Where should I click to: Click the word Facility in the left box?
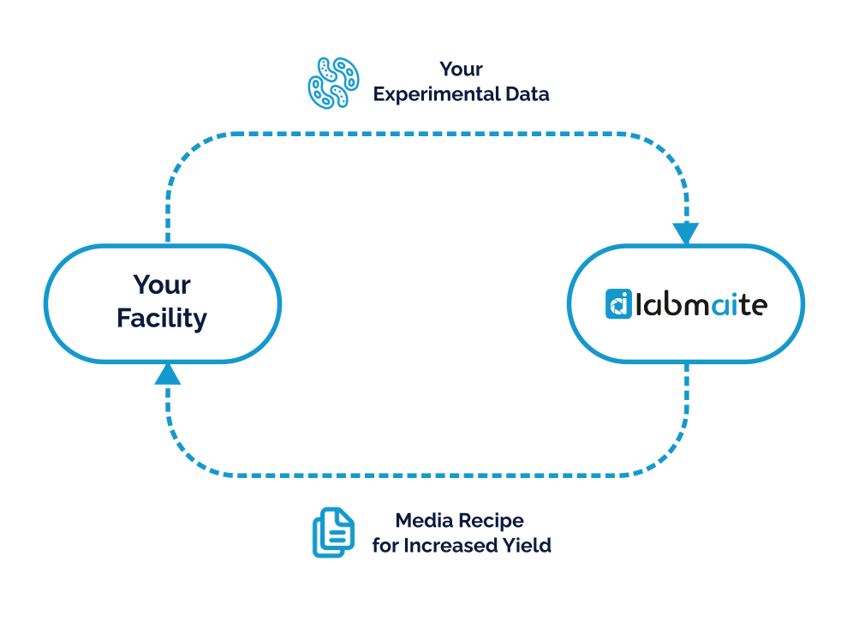pyautogui.click(x=162, y=319)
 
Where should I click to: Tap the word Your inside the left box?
pyautogui.click(x=162, y=284)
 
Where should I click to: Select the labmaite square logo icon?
pyautogui.click(x=618, y=303)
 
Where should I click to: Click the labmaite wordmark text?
pyautogui.click(x=701, y=304)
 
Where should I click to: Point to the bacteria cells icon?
pyautogui.click(x=333, y=83)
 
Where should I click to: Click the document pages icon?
pyautogui.click(x=333, y=532)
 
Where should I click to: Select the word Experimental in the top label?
pyautogui.click(x=437, y=94)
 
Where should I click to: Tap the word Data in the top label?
pyautogui.click(x=528, y=94)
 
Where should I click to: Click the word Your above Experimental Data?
pyautogui.click(x=462, y=69)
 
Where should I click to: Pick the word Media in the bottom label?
pyautogui.click(x=424, y=520)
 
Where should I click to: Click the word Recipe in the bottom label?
pyautogui.click(x=492, y=521)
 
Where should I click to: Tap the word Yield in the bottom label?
pyautogui.click(x=528, y=545)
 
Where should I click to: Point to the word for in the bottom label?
pyautogui.click(x=385, y=545)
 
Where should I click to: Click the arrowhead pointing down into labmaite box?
pyautogui.click(x=686, y=233)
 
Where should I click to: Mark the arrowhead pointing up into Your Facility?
pyautogui.click(x=168, y=374)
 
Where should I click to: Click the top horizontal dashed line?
pyautogui.click(x=426, y=134)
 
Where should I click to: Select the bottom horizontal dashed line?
pyautogui.click(x=426, y=475)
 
